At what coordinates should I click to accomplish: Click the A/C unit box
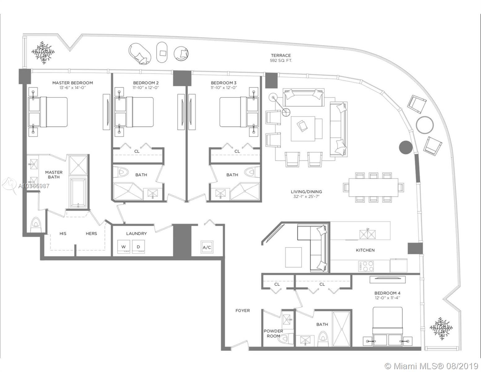click(x=207, y=247)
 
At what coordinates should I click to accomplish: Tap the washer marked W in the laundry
click(x=124, y=246)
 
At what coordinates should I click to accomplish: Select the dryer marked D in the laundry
click(x=138, y=246)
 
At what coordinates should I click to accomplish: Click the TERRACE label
click(x=281, y=55)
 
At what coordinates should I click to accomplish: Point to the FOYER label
click(x=243, y=310)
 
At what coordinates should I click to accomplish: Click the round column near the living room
click(x=406, y=147)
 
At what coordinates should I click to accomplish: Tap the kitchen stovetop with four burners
click(x=366, y=266)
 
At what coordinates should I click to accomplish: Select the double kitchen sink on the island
click(x=367, y=234)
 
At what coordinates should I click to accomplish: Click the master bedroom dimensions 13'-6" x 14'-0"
click(x=72, y=87)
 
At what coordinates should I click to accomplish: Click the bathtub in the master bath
click(x=78, y=193)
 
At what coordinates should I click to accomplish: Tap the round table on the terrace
click(x=425, y=125)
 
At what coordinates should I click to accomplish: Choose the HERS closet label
click(x=91, y=233)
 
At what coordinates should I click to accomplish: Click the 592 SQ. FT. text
click(x=281, y=60)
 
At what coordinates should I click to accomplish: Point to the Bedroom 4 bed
click(x=387, y=326)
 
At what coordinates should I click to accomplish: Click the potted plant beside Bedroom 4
click(x=441, y=328)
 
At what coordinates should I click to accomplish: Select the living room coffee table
click(x=303, y=129)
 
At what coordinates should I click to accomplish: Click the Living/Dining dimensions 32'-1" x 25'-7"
click(x=306, y=197)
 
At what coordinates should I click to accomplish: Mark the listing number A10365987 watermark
click(x=34, y=186)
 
